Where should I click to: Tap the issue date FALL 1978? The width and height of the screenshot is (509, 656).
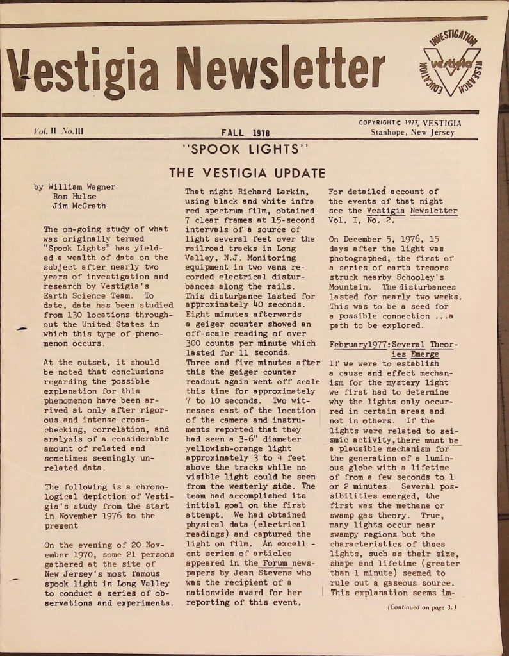pyautogui.click(x=244, y=133)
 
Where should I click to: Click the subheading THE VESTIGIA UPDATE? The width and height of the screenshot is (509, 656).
pyautogui.click(x=246, y=173)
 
